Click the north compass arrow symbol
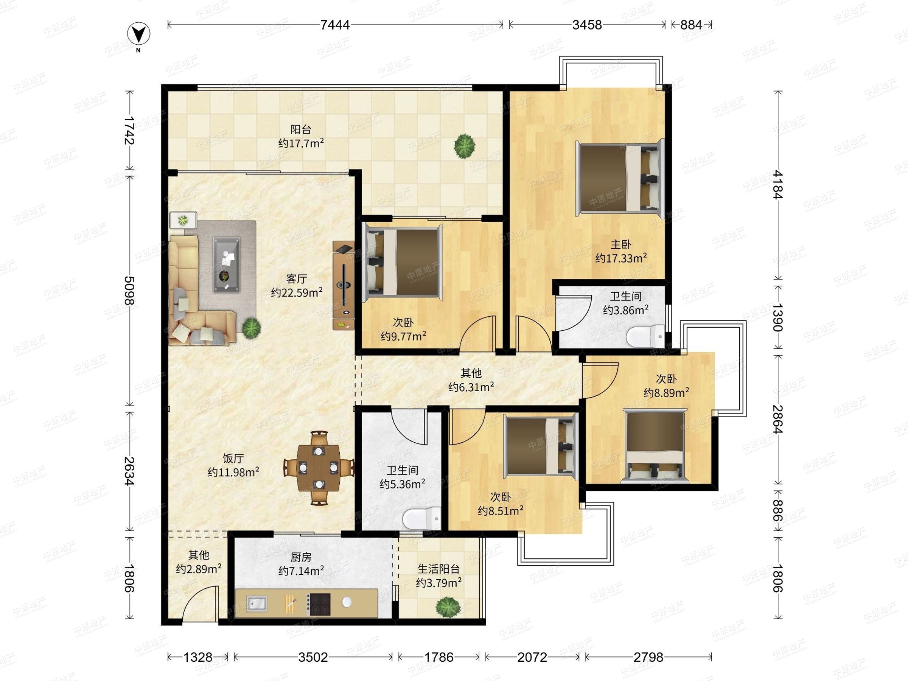coord(139,34)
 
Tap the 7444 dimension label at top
coord(335,25)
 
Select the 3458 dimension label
coord(587,25)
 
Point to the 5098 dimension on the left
coord(130,291)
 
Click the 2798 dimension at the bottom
coord(648,657)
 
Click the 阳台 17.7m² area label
coord(301,136)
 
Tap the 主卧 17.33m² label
coord(621,251)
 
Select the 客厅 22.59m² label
coord(296,286)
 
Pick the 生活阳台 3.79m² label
coord(438,575)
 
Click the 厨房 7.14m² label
coord(301,564)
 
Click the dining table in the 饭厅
coord(319,468)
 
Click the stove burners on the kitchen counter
coord(320,604)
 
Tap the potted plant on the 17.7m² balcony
coord(465,145)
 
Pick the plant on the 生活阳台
coord(447,607)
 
